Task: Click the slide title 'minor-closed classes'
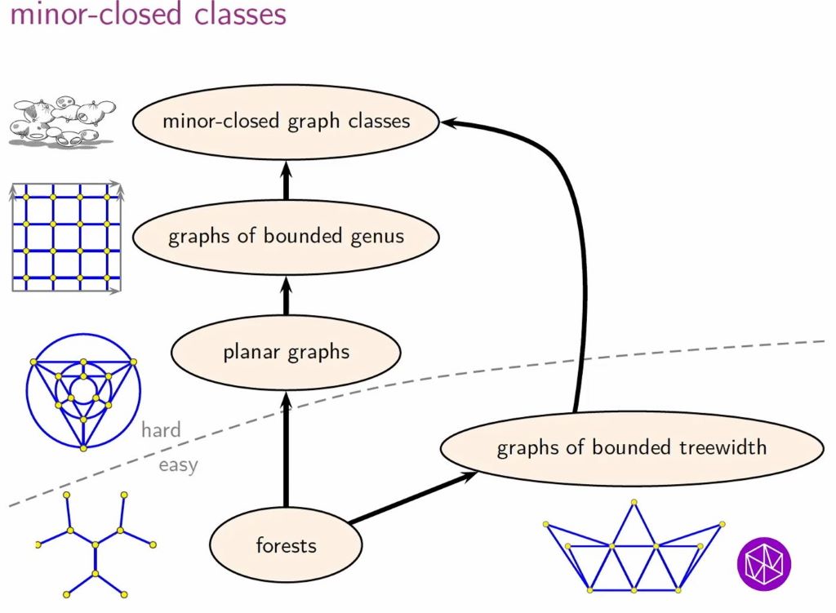pyautogui.click(x=148, y=15)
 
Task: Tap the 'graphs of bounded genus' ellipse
pyautogui.click(x=286, y=237)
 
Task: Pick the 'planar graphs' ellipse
pyautogui.click(x=286, y=353)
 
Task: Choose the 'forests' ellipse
pyautogui.click(x=286, y=544)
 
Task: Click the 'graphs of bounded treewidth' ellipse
pyautogui.click(x=631, y=447)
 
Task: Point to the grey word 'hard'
pyautogui.click(x=161, y=430)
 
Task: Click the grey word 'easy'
pyautogui.click(x=178, y=466)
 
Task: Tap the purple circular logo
pyautogui.click(x=764, y=562)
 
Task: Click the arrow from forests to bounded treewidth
pyautogui.click(x=412, y=497)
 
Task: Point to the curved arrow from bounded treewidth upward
pyautogui.click(x=583, y=269)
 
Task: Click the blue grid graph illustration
pyautogui.click(x=66, y=237)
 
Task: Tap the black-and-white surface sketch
pyautogui.click(x=61, y=122)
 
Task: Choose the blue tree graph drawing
pyautogui.click(x=96, y=542)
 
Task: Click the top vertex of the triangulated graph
pyautogui.click(x=634, y=504)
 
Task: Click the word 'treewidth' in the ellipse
pyautogui.click(x=723, y=447)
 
